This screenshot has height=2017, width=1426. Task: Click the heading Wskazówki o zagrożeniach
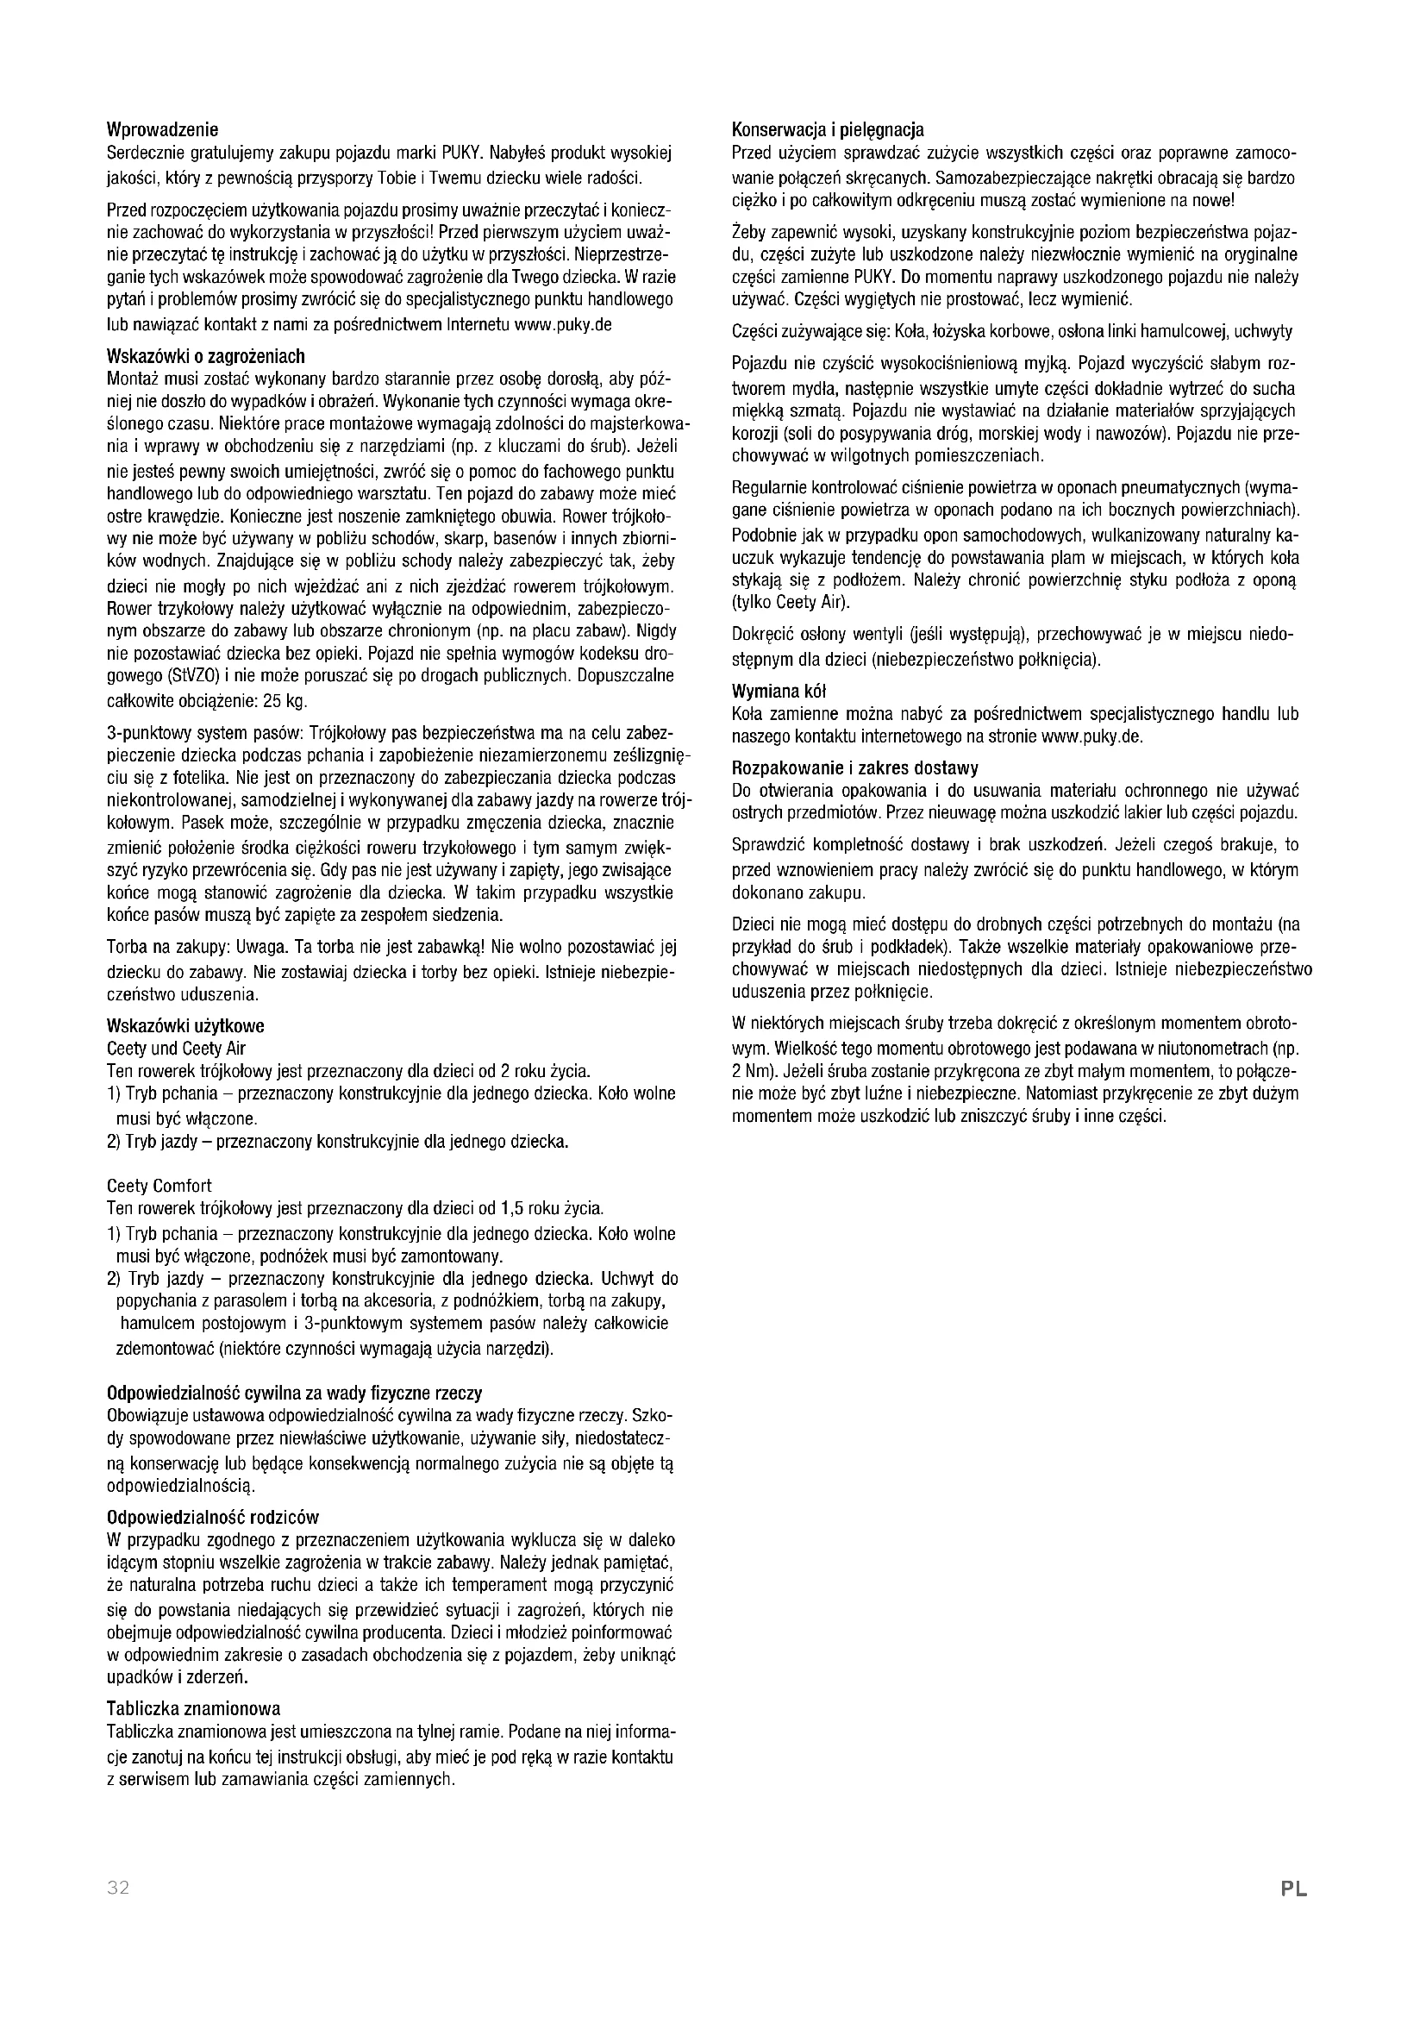[205, 357]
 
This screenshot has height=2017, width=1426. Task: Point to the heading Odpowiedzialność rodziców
[212, 1517]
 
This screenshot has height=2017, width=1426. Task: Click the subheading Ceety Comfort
[159, 1185]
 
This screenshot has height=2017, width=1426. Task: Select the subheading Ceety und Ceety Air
[176, 1048]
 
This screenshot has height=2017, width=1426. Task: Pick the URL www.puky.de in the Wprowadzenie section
[563, 324]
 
